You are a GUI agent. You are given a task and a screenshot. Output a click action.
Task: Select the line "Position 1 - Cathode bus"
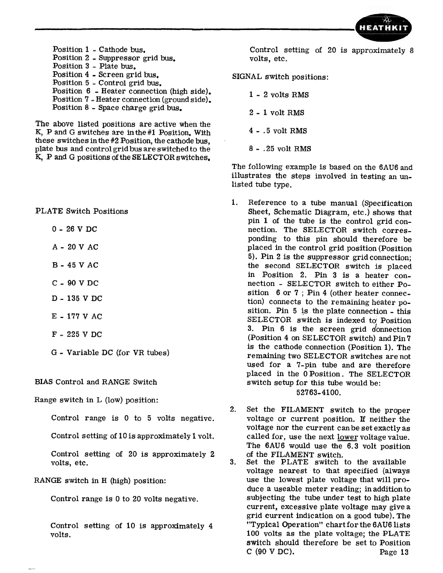(99, 49)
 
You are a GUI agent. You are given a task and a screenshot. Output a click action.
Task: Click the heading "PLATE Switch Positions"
(82, 211)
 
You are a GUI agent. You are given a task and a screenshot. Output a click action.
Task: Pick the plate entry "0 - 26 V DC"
(75, 229)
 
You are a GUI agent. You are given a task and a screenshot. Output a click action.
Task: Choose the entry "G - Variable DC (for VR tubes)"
(110, 353)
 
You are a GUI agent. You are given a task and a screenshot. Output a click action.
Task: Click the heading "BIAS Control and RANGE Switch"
(96, 382)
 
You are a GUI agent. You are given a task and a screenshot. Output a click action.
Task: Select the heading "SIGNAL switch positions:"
(280, 77)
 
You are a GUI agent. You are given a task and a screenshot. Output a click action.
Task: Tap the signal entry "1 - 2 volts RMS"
(279, 95)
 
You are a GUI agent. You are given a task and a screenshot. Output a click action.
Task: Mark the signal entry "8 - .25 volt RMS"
(280, 149)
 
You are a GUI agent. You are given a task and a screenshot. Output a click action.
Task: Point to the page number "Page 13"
(394, 552)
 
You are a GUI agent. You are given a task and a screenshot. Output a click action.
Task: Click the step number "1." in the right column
(234, 203)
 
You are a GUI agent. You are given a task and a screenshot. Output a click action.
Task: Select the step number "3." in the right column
(233, 462)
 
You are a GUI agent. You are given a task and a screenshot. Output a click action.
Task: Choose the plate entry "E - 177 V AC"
(77, 317)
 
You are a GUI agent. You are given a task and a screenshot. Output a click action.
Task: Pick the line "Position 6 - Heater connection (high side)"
(132, 91)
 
